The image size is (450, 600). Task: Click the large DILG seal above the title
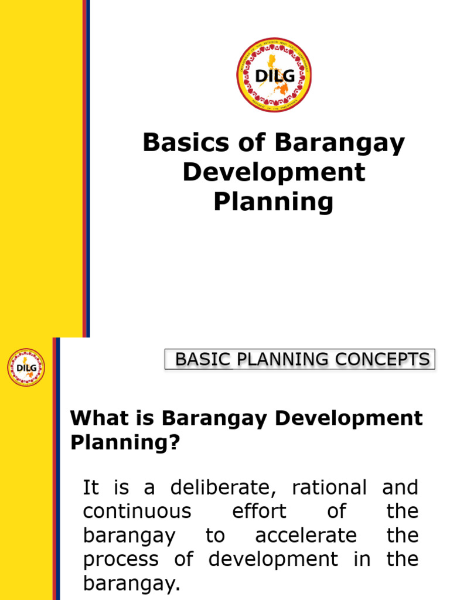pos(274,75)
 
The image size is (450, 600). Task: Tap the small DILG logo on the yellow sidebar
pos(26,367)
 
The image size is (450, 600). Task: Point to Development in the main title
pos(274,172)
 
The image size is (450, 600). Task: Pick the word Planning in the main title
pos(274,202)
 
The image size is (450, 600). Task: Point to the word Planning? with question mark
pos(124,443)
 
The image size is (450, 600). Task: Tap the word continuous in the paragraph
pos(137,511)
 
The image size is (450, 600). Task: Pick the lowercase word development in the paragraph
pos(274,559)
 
